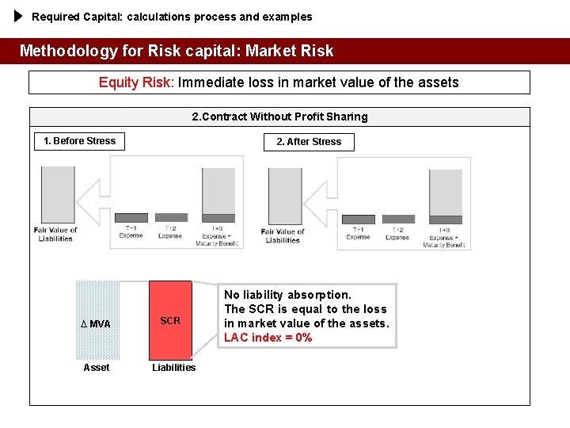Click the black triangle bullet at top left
[20, 16]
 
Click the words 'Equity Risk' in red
[135, 82]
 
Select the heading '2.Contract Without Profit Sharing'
[279, 117]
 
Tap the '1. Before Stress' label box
[79, 141]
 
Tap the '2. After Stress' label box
[309, 142]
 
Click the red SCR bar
[170, 320]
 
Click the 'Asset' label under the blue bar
[97, 367]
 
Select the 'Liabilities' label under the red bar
[173, 367]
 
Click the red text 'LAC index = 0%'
[268, 338]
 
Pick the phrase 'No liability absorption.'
[287, 295]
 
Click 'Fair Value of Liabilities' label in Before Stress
[55, 235]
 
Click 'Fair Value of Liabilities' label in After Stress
[283, 235]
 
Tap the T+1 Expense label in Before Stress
[131, 231]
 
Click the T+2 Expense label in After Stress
[397, 234]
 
